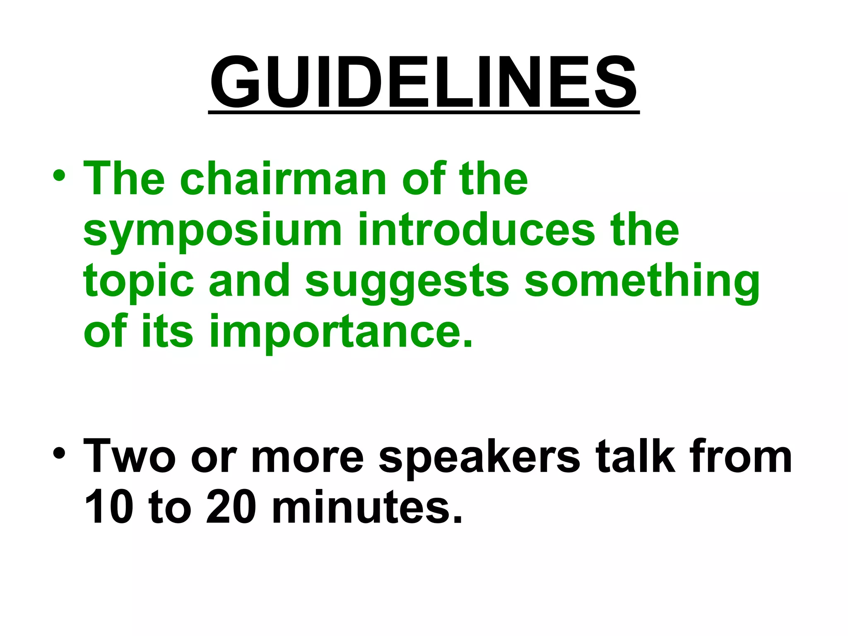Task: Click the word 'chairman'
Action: [x=283, y=179]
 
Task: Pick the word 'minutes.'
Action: [x=367, y=507]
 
